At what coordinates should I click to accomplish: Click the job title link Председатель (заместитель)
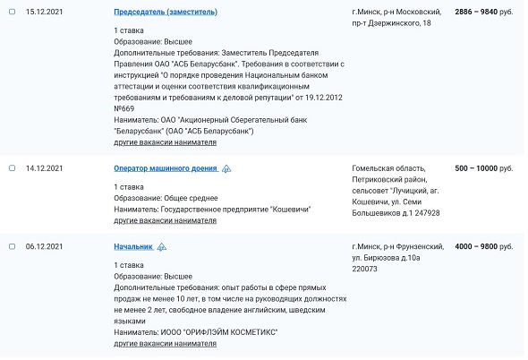tap(166, 12)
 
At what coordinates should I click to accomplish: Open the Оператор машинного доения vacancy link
tap(166, 167)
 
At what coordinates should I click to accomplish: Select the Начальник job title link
tap(133, 245)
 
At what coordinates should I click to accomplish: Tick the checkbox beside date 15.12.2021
tap(12, 12)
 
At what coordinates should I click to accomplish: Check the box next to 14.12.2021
tap(12, 167)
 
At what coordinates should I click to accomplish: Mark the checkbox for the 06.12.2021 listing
tap(12, 245)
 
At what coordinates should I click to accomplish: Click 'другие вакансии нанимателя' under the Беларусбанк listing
tap(166, 142)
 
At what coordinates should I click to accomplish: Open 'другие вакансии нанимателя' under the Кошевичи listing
tap(166, 220)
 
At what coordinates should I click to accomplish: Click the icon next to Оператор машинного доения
tap(227, 168)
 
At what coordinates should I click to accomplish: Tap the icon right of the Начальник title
tap(162, 246)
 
